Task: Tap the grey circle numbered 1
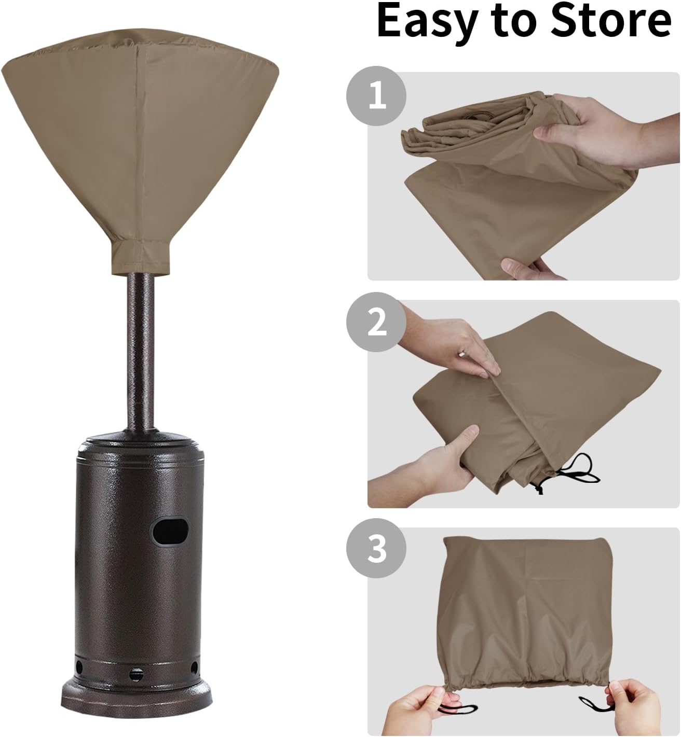(x=376, y=97)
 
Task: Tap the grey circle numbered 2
(x=376, y=323)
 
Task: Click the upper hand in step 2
(x=457, y=342)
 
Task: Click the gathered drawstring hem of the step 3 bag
(x=524, y=674)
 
